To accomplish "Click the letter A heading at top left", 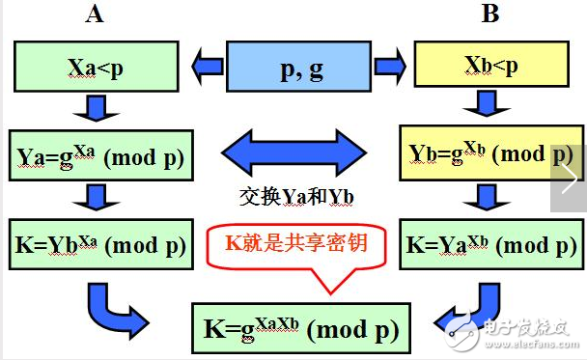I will pos(96,14).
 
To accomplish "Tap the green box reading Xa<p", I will pos(95,67).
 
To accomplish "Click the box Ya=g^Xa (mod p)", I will pos(101,155).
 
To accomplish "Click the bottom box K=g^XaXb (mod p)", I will pos(300,328).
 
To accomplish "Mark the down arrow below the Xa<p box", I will pos(95,109).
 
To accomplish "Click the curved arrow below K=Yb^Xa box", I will pos(117,304).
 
